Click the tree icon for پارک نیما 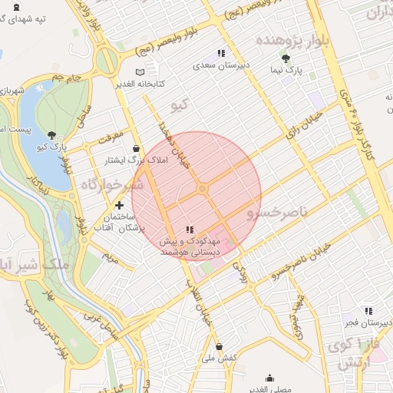[x=286, y=58]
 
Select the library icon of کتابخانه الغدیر [x=139, y=72]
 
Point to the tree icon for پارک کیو [x=51, y=135]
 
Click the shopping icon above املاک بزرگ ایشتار [x=136, y=148]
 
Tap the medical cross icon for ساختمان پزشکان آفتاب [x=119, y=206]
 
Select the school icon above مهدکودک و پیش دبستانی [x=190, y=230]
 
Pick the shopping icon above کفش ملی [x=219, y=347]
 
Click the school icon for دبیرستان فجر [x=368, y=311]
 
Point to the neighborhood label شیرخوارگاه [x=111, y=185]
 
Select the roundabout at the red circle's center [x=203, y=189]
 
